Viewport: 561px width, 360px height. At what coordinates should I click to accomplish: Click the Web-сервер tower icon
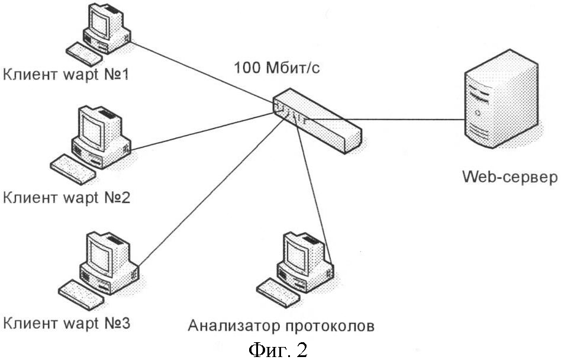pos(500,107)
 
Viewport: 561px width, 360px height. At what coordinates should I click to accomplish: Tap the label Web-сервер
pos(510,177)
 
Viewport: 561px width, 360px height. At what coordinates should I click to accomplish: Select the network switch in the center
pos(317,122)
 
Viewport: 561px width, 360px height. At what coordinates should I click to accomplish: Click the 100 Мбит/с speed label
pos(278,67)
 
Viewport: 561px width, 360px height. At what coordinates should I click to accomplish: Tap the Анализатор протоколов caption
pos(282,326)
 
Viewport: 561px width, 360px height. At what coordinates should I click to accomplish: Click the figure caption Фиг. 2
pos(278,350)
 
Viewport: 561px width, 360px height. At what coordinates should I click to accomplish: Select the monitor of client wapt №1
pos(99,22)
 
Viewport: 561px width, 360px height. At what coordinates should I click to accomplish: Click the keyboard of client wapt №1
pos(83,53)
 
